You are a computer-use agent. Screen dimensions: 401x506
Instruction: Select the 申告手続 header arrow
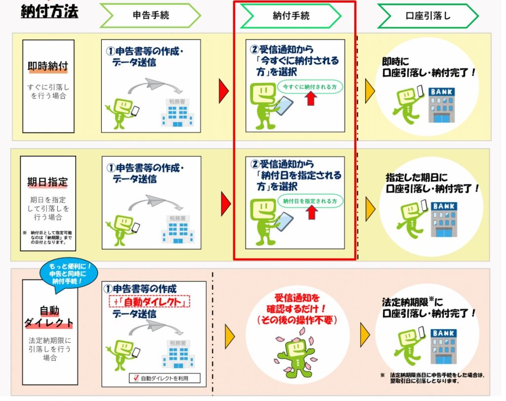click(150, 15)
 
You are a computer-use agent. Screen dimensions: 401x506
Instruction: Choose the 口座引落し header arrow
click(427, 16)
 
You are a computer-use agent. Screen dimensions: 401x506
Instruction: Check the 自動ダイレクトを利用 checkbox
click(136, 378)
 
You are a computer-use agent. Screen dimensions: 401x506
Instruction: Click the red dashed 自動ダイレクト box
click(150, 301)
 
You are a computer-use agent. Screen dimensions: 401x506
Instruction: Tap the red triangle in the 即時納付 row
click(224, 91)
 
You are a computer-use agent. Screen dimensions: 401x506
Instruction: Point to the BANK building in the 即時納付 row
click(441, 105)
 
